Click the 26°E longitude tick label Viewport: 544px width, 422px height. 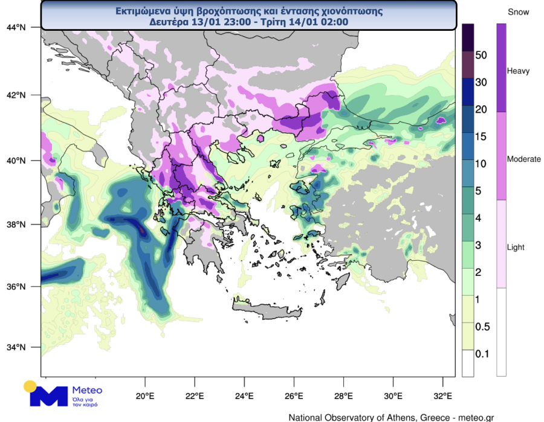click(294, 397)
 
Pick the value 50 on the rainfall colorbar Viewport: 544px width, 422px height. click(482, 55)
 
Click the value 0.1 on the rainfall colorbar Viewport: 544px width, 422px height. click(482, 354)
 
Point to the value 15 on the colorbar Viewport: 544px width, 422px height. click(482, 136)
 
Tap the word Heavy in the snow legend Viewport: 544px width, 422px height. click(518, 71)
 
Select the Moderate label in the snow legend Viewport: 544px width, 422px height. click(523, 159)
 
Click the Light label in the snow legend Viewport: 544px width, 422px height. click(516, 248)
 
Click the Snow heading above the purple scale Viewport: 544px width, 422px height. click(518, 12)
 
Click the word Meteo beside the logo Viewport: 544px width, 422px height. click(87, 389)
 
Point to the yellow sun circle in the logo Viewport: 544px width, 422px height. click(30, 386)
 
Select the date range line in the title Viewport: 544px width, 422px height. click(248, 22)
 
